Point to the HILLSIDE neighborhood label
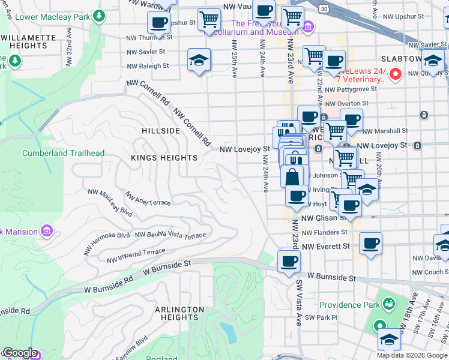coord(160,130)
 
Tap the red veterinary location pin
coord(395,74)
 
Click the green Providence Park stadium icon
coord(389,305)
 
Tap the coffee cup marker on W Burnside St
coord(289,262)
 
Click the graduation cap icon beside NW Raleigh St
coord(199,60)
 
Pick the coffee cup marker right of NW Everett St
coord(370,244)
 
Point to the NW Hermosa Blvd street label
coord(110,239)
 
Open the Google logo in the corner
coord(20,353)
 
